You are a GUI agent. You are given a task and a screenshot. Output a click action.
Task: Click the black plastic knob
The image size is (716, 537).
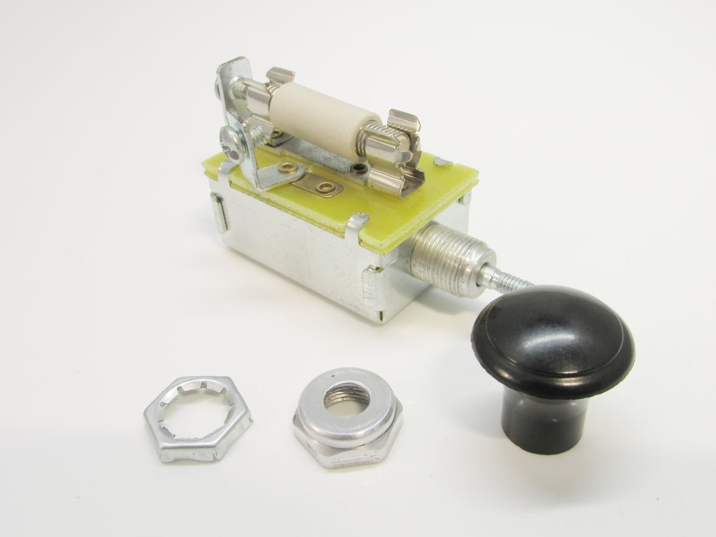tap(552, 343)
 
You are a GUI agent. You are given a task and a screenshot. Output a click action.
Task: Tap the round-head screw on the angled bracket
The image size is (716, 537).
tap(232, 142)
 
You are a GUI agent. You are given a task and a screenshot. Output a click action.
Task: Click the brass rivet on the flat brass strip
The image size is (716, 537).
tap(325, 187)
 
